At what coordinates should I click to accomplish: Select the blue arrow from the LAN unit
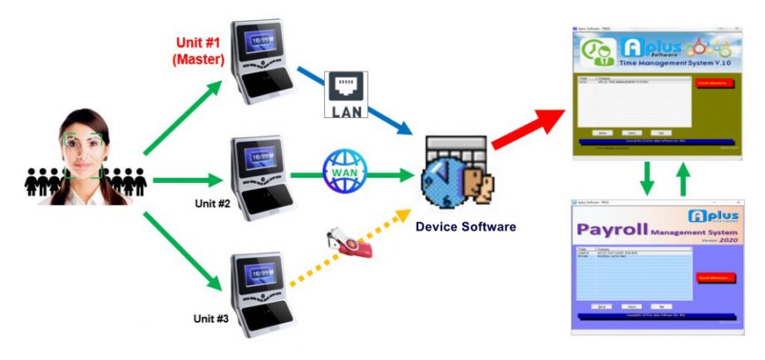point(373,107)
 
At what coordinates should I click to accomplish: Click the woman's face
point(82,150)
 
